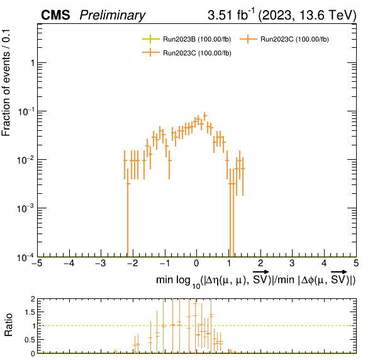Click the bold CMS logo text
pos(55,15)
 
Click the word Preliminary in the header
pos(113,15)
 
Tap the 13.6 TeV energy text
pos(325,15)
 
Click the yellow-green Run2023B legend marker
pos(150,39)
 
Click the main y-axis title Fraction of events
pos(6,83)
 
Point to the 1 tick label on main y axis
pos(33,63)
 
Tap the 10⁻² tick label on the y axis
pos(26,160)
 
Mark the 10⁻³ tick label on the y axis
pos(26,208)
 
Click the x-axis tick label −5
pos(37,263)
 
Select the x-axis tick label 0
pos(196,263)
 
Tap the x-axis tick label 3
pos(292,263)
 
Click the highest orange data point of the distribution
pos(204,116)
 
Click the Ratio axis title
pos(8,325)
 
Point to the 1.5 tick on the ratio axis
pos(30,312)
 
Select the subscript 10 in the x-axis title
pos(196,286)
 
